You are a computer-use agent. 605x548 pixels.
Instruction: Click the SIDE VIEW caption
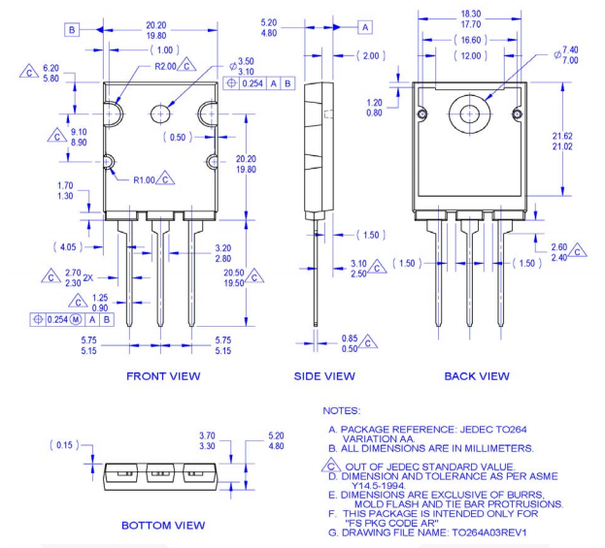click(x=324, y=375)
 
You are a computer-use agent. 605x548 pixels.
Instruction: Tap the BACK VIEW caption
click(x=477, y=375)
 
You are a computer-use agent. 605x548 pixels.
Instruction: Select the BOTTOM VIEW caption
click(x=163, y=525)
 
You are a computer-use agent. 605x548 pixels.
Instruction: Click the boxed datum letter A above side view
click(x=366, y=27)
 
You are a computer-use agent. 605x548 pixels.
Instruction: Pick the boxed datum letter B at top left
click(x=72, y=30)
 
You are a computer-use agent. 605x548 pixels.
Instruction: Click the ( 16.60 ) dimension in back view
click(x=471, y=41)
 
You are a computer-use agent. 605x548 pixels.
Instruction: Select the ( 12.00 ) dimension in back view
click(x=471, y=56)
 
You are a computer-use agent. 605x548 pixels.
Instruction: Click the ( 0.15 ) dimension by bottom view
click(x=63, y=444)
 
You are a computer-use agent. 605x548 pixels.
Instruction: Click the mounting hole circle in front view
click(x=160, y=114)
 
